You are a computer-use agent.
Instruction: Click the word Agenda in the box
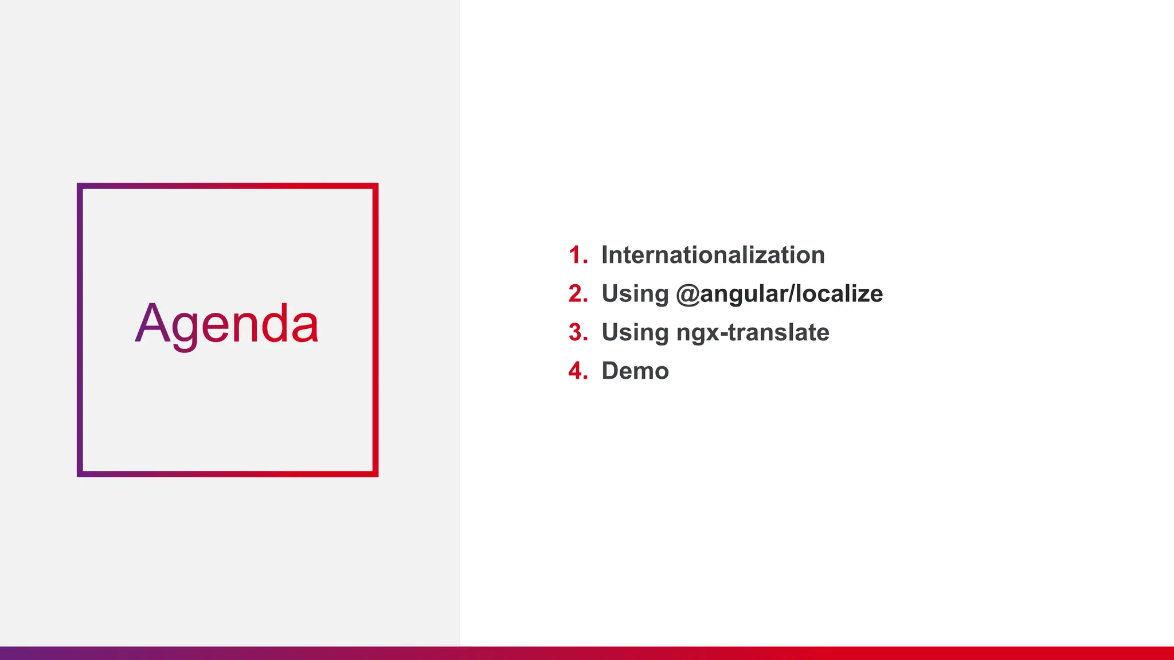tap(227, 324)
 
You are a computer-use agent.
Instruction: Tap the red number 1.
tap(576, 256)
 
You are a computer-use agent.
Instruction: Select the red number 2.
tap(577, 294)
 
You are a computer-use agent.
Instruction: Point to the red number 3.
tap(577, 333)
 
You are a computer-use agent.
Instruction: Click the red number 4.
tap(577, 371)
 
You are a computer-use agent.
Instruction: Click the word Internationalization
tap(713, 256)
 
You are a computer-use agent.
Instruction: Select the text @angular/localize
tap(779, 294)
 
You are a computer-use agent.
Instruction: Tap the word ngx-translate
tap(753, 333)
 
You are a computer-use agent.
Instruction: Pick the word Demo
tap(635, 371)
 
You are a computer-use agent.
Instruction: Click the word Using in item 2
tap(635, 294)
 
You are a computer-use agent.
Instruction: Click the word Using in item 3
tap(635, 333)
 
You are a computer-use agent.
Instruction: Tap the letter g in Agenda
tap(186, 329)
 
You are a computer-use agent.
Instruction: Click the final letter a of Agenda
tap(304, 327)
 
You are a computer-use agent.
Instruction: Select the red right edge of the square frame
tap(375, 330)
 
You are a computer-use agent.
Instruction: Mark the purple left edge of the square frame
tap(80, 330)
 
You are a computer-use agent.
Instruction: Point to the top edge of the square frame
tap(228, 186)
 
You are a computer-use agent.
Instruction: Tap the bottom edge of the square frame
tap(228, 474)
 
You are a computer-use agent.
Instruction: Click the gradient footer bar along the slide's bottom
tap(587, 653)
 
